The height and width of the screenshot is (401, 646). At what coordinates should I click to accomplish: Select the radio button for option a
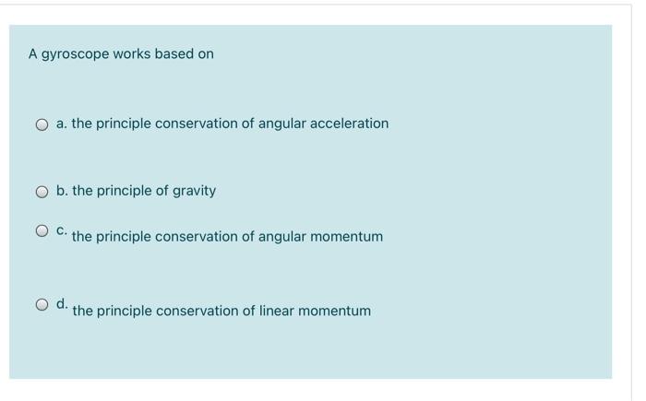coord(42,124)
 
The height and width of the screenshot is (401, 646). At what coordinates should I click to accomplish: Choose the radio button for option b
coord(42,192)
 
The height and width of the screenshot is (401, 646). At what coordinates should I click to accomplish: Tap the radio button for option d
coord(42,304)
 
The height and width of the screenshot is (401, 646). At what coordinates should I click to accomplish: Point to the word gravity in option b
coord(194,191)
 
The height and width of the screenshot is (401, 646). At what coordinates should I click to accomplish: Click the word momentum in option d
coord(337,311)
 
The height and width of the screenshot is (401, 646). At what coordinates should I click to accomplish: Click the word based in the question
coord(173,54)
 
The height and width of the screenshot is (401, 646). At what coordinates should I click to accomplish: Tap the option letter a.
coord(61,124)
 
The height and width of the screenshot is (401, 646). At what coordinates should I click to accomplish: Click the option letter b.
coord(61,191)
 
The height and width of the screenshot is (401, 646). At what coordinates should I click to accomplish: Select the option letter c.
coord(61,230)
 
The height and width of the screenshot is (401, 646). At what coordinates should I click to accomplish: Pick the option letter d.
coord(61,303)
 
